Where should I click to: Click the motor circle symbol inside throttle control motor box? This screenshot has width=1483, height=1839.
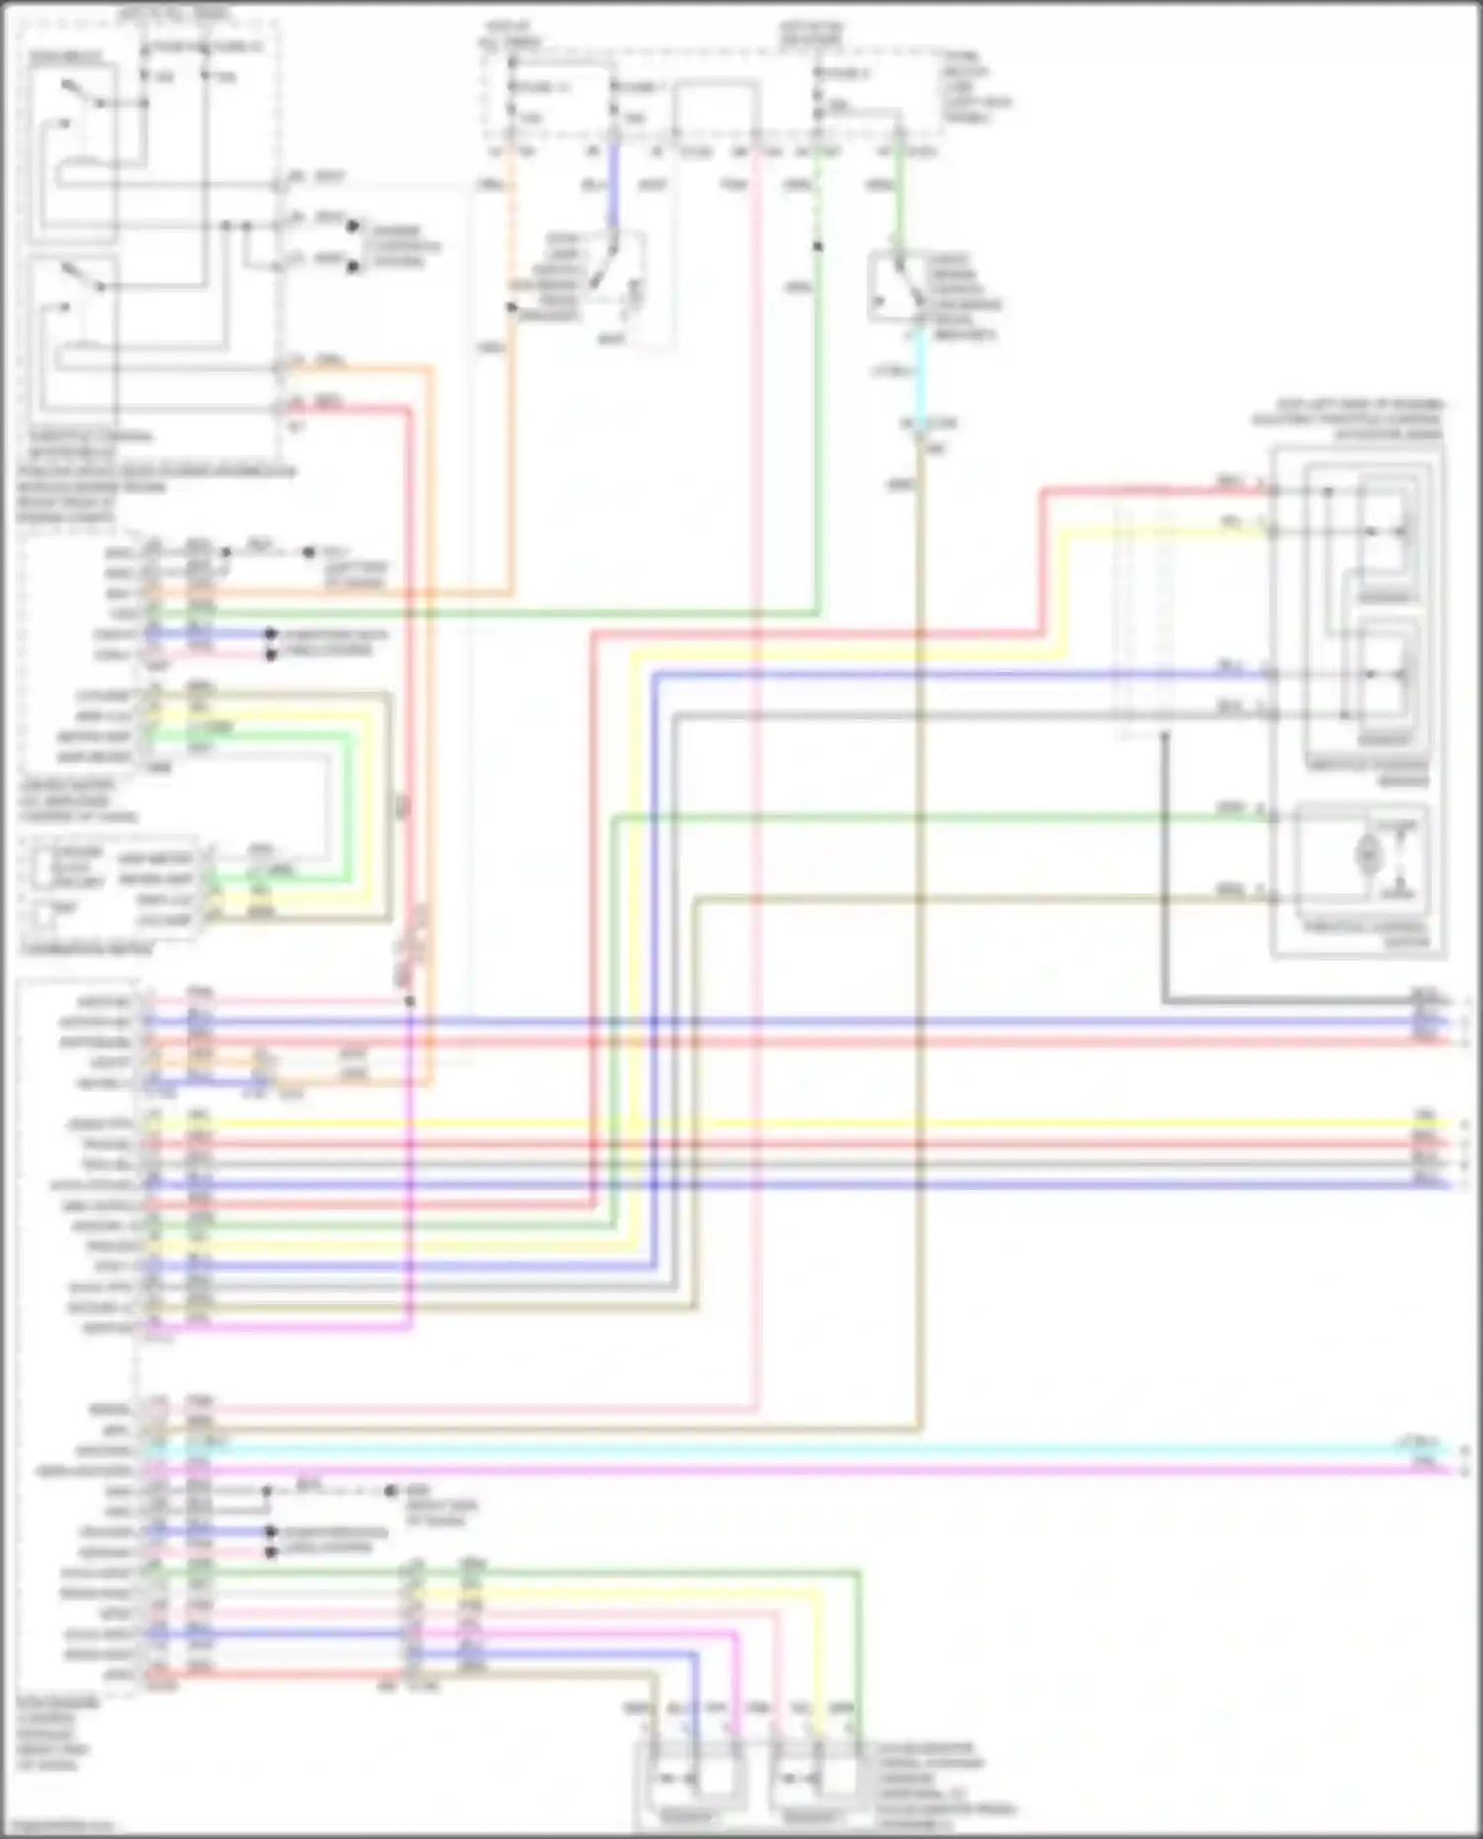(1368, 852)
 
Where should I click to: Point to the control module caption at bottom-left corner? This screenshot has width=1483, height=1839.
(56, 1734)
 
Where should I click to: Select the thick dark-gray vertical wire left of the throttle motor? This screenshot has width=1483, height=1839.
(1165, 870)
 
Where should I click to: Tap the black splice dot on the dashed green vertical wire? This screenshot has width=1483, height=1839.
(818, 245)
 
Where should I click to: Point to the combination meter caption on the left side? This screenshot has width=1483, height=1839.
(87, 949)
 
